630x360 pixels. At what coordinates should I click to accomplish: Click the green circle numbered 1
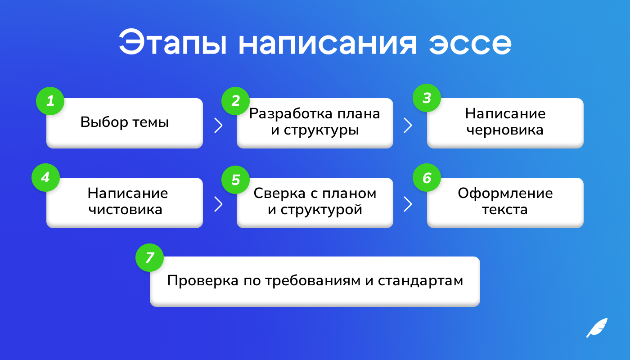[50, 101]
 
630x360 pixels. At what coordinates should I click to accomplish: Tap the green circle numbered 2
[236, 101]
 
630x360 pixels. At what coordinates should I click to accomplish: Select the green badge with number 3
[427, 98]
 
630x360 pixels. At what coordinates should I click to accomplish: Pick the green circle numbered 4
[45, 177]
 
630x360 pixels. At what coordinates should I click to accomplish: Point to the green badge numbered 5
[236, 180]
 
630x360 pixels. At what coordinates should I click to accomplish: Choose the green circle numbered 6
[427, 177]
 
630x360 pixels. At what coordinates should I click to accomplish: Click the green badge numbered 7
[149, 257]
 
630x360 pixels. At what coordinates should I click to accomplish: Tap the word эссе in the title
[470, 44]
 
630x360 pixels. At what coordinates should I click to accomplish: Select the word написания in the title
[328, 44]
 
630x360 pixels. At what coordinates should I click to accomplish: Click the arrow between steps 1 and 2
[219, 125]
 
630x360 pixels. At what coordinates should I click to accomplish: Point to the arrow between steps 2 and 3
[408, 125]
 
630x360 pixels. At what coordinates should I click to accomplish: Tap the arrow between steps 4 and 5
[219, 204]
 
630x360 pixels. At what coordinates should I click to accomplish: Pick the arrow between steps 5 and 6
[408, 204]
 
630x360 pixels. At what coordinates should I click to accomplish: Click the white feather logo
[597, 328]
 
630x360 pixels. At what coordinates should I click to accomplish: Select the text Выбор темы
[125, 122]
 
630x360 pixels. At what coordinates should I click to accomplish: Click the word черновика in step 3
[505, 130]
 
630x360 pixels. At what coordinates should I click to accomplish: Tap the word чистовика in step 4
[126, 210]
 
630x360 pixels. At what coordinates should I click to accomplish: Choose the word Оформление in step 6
[505, 193]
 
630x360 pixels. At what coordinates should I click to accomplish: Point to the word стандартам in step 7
[420, 281]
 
